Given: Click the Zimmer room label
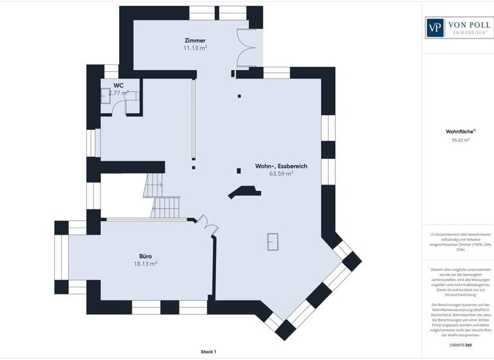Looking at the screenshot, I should (195, 40).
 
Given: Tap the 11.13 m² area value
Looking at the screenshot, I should (195, 48).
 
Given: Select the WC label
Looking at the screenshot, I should (118, 85).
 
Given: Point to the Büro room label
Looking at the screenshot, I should (145, 255).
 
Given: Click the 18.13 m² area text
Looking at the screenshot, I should (145, 264).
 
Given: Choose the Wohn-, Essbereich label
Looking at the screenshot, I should (281, 166).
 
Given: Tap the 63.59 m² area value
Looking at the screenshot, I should (281, 174).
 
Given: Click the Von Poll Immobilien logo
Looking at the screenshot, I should (457, 26).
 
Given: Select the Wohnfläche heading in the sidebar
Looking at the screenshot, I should (457, 132).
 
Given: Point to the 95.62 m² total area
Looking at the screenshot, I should (457, 139).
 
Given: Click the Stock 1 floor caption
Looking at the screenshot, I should (208, 352).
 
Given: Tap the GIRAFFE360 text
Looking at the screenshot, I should (457, 345).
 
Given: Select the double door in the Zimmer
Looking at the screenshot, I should (246, 48).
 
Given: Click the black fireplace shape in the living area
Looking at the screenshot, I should (242, 191).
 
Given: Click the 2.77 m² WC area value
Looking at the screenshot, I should (118, 93).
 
